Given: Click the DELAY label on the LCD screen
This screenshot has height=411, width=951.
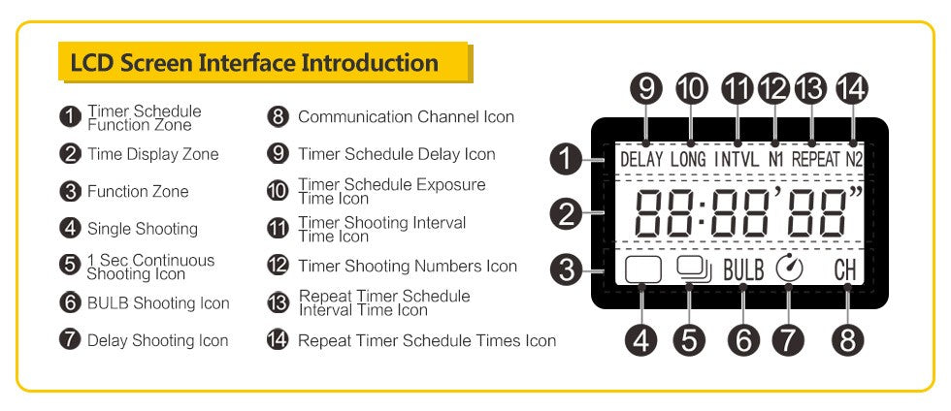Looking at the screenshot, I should click(x=641, y=158).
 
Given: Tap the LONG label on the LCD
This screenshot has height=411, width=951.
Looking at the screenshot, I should click(x=688, y=158).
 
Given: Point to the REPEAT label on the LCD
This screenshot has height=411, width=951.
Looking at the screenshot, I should click(x=813, y=158).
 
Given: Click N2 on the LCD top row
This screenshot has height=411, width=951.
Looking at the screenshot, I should click(x=853, y=158).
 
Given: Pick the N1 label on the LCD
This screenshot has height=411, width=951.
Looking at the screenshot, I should click(x=774, y=158).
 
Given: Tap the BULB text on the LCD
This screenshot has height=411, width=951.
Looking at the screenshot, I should click(x=743, y=269).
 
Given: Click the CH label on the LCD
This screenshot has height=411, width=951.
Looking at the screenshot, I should click(x=846, y=269).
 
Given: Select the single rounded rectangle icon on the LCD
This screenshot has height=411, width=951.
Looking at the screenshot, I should click(x=642, y=269).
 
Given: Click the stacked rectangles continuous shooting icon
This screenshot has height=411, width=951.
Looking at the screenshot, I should click(x=694, y=269).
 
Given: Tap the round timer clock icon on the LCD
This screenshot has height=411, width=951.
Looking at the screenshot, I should click(x=790, y=269).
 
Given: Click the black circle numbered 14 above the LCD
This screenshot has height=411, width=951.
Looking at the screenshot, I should click(x=851, y=88).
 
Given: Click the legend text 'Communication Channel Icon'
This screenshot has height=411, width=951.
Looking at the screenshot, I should click(x=406, y=117).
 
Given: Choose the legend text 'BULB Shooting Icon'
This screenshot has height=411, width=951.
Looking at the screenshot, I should click(x=158, y=303).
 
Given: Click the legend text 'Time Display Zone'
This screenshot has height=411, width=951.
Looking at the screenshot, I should click(x=152, y=154).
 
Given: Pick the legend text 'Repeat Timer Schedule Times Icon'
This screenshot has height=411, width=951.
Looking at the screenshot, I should click(x=427, y=340).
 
